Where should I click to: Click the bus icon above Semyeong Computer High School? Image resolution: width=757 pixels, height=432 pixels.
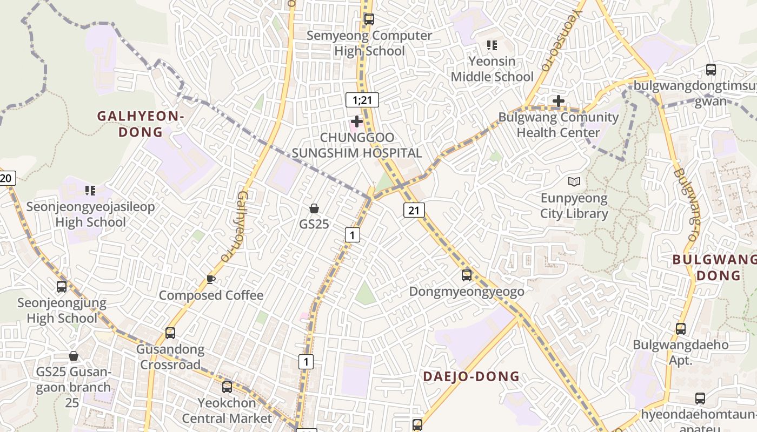pyautogui.click(x=369, y=19)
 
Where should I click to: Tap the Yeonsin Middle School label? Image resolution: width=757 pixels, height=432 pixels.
pyautogui.click(x=492, y=69)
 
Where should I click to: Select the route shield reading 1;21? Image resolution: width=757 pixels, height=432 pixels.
pyautogui.click(x=362, y=100)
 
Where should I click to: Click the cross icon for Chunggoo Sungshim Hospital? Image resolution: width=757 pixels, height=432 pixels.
pyautogui.click(x=357, y=122)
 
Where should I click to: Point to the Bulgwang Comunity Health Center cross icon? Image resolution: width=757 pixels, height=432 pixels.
pyautogui.click(x=559, y=101)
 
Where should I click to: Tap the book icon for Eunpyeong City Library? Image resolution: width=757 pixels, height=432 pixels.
pyautogui.click(x=574, y=183)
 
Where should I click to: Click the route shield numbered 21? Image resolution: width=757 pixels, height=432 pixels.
pyautogui.click(x=414, y=210)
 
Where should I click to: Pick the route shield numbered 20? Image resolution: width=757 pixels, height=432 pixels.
pyautogui.click(x=7, y=179)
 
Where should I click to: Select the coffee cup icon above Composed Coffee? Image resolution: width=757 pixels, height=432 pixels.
pyautogui.click(x=211, y=279)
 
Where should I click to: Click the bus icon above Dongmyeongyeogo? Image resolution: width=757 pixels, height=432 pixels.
pyautogui.click(x=467, y=275)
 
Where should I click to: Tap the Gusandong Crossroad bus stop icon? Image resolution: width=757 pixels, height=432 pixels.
pyautogui.click(x=170, y=333)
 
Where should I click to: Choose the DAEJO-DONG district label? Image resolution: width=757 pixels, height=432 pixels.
pyautogui.click(x=471, y=376)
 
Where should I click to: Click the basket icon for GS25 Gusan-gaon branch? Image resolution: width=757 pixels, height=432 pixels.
pyautogui.click(x=74, y=356)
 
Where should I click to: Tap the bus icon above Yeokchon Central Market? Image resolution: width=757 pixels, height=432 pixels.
pyautogui.click(x=227, y=387)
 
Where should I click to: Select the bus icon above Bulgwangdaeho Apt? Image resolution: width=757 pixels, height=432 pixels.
pyautogui.click(x=681, y=328)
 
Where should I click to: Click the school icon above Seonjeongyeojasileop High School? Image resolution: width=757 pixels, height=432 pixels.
pyautogui.click(x=90, y=190)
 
